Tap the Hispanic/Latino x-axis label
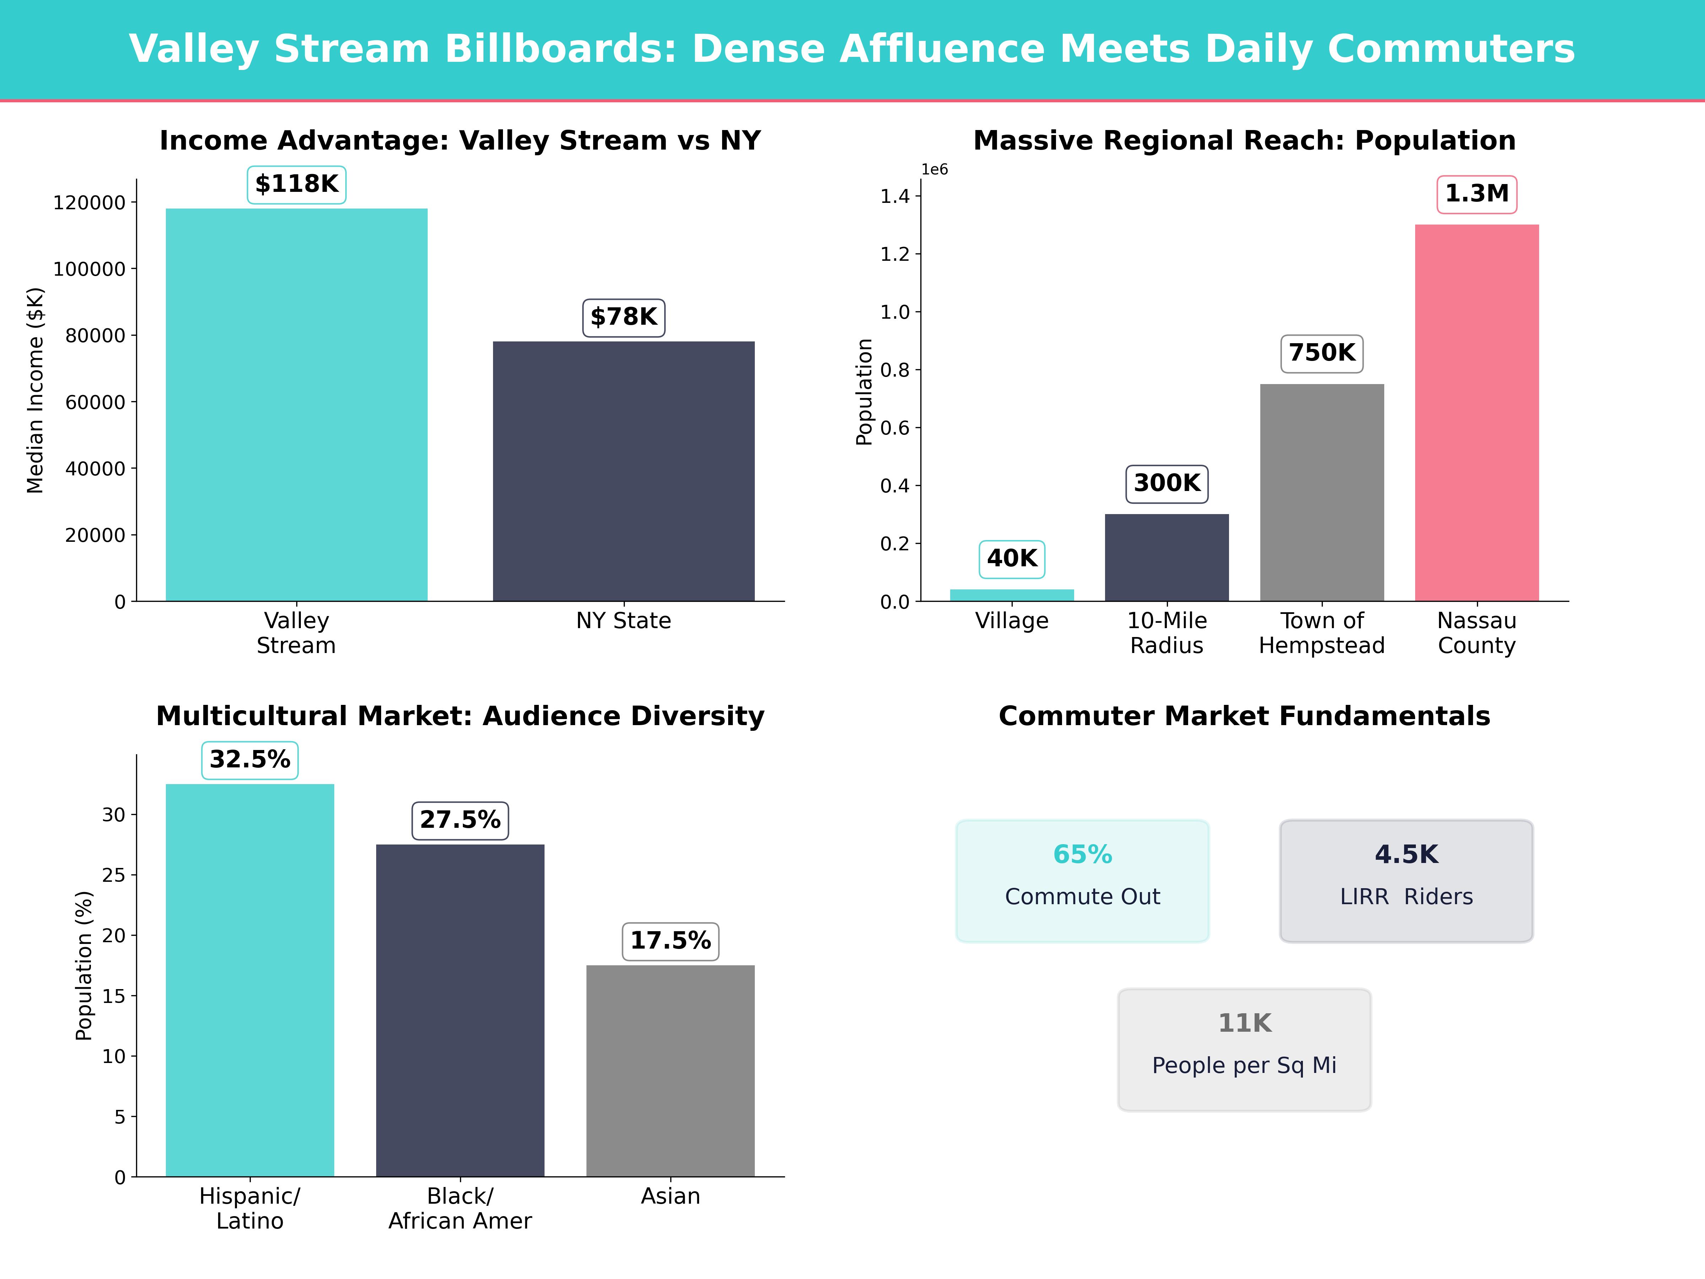coord(250,1208)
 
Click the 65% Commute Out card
coord(1082,880)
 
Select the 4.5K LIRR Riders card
coord(1406,880)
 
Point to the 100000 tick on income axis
coord(89,269)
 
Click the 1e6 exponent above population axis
coord(934,169)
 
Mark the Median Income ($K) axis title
coord(36,390)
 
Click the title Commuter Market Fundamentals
coord(1244,716)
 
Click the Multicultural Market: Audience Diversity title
coord(460,716)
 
